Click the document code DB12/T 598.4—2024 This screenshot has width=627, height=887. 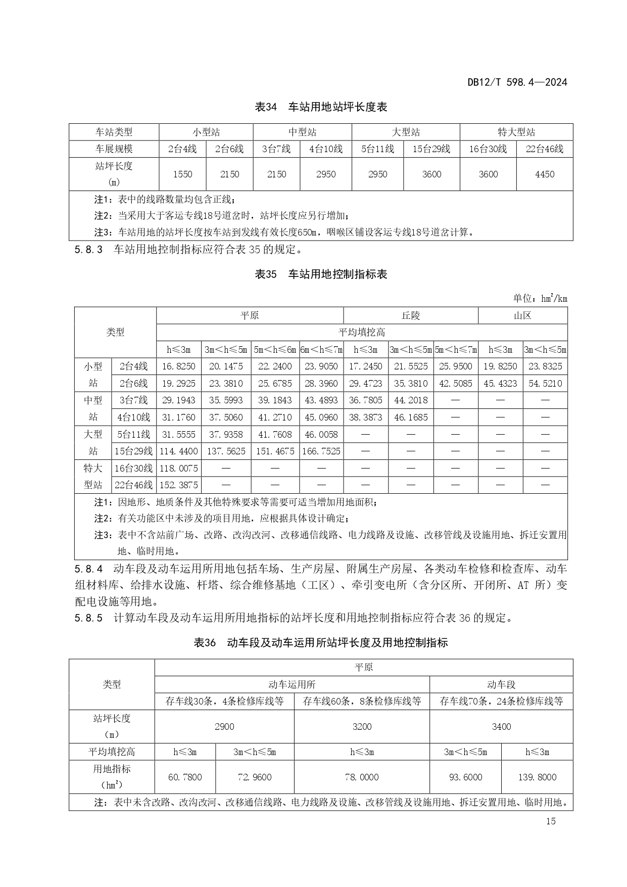point(517,82)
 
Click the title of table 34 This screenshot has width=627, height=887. point(321,107)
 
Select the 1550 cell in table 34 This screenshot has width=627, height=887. point(182,174)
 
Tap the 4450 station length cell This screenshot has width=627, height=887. point(544,174)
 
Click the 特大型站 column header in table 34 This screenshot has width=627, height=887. point(516,132)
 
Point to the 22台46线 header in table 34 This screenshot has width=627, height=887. point(544,149)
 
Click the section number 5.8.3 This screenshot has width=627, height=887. point(88,249)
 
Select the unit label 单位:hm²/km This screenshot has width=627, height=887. point(540,298)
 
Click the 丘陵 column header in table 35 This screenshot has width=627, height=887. point(410,315)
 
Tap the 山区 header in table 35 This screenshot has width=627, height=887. point(522,315)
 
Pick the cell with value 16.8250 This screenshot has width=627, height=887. point(178,366)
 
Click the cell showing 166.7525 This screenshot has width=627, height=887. point(321,451)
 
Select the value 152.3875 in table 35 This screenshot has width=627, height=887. point(178,485)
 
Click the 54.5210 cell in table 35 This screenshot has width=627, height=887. point(545,383)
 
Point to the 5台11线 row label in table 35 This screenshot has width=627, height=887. point(133,434)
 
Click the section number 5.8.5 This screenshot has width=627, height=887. point(88,618)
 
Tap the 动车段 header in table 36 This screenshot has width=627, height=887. point(501,684)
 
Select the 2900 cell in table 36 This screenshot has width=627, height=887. point(224,726)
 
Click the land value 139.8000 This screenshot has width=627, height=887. point(537,777)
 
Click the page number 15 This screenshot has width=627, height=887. point(551,821)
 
